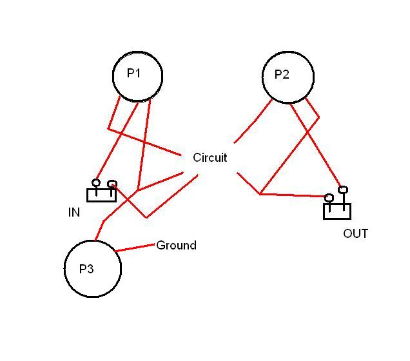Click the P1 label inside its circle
[x=133, y=73]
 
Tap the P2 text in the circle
[x=282, y=75]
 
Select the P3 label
[x=86, y=269]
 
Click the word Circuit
[x=210, y=157]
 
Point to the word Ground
[x=176, y=246]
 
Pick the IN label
[x=74, y=212]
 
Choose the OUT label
[x=355, y=233]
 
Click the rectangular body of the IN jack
[x=101, y=195]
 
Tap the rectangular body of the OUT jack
[x=337, y=212]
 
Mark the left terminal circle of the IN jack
[x=96, y=183]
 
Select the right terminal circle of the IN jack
[x=112, y=184]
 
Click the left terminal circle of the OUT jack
[x=329, y=197]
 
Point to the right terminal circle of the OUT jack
[x=343, y=190]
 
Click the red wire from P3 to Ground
[x=135, y=248]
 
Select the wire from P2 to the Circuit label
[x=253, y=121]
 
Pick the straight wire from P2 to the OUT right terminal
[x=316, y=146]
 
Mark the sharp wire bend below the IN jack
[x=146, y=217]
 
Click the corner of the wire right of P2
[x=318, y=117]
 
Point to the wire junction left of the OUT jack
[x=260, y=193]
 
